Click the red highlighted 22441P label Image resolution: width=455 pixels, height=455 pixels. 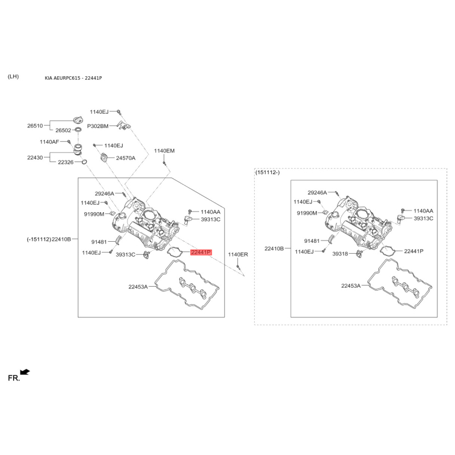tap(201, 252)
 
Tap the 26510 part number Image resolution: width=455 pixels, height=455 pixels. tap(35, 126)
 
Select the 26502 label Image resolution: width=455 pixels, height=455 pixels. tap(63, 130)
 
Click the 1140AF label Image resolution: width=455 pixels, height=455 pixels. tap(49, 142)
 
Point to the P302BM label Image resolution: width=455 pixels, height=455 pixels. tap(97, 126)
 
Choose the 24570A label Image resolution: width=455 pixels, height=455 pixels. tap(126, 158)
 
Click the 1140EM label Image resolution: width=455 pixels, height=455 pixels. tap(164, 151)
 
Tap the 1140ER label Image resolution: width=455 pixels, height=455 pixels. tap(238, 254)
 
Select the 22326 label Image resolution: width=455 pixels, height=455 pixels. tap(65, 162)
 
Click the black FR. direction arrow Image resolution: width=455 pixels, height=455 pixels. tap(25, 372)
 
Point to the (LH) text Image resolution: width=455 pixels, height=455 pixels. tap(13, 77)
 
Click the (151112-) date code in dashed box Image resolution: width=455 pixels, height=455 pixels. tap(267, 172)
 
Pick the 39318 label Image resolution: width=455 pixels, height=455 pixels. tap(340, 254)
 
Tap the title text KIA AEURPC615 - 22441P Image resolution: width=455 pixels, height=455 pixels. tap(73, 78)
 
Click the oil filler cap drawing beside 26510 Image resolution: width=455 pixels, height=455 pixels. tap(78, 119)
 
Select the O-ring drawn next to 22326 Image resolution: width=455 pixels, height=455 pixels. tap(84, 162)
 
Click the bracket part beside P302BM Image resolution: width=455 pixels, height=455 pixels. tap(124, 125)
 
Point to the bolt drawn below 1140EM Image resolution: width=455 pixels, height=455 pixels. tap(164, 164)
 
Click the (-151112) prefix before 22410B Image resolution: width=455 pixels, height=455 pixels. tap(39, 239)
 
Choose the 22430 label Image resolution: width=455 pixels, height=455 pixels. tap(35, 158)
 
